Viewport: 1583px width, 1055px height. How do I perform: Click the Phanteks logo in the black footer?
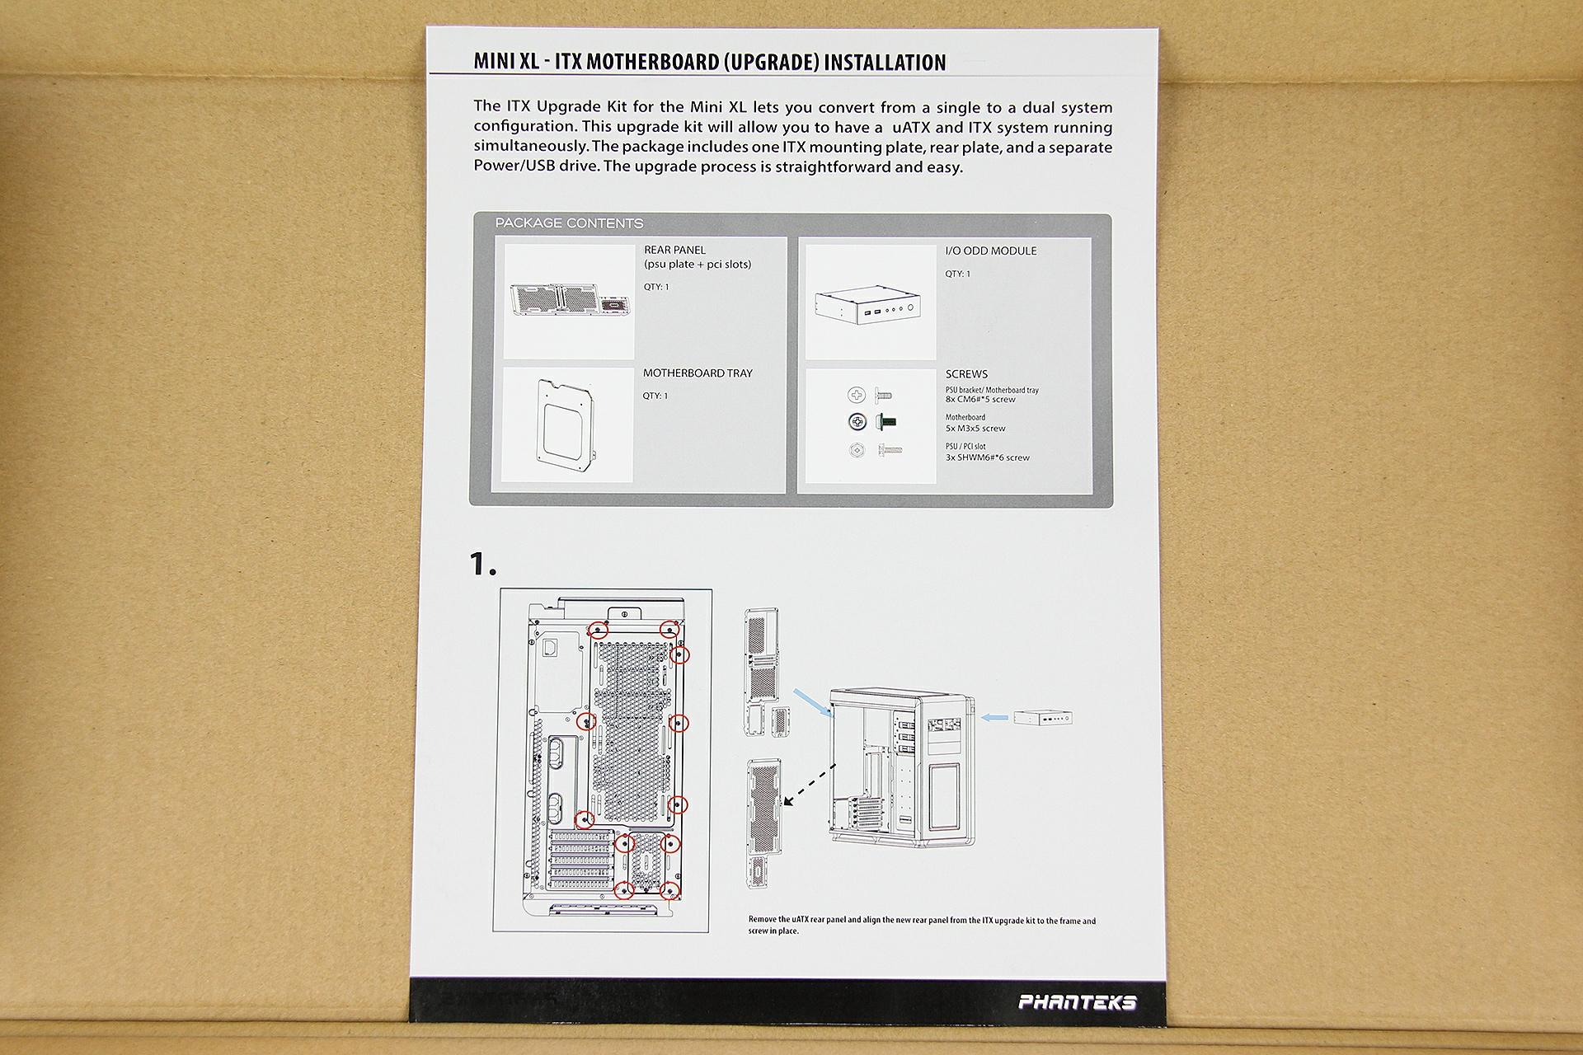tap(1078, 1002)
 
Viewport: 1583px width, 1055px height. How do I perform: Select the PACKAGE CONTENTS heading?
tap(569, 223)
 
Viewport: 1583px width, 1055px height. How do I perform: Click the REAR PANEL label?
tap(674, 250)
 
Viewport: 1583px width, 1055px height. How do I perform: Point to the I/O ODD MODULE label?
tap(990, 251)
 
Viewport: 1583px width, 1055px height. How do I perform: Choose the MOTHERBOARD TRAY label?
tap(698, 373)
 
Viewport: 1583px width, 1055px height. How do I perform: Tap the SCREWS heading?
tap(966, 374)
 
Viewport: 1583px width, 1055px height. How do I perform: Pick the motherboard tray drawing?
tap(566, 425)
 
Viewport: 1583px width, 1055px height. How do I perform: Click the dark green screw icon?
tap(887, 422)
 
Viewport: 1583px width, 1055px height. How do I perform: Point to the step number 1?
tap(481, 565)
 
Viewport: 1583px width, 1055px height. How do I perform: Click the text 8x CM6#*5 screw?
tap(980, 400)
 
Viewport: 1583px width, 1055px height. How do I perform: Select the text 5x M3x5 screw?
tap(975, 429)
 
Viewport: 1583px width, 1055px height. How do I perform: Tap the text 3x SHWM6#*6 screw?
tap(987, 457)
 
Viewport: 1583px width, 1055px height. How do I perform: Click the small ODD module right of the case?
tap(1042, 718)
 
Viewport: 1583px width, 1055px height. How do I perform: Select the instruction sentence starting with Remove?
tap(922, 926)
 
